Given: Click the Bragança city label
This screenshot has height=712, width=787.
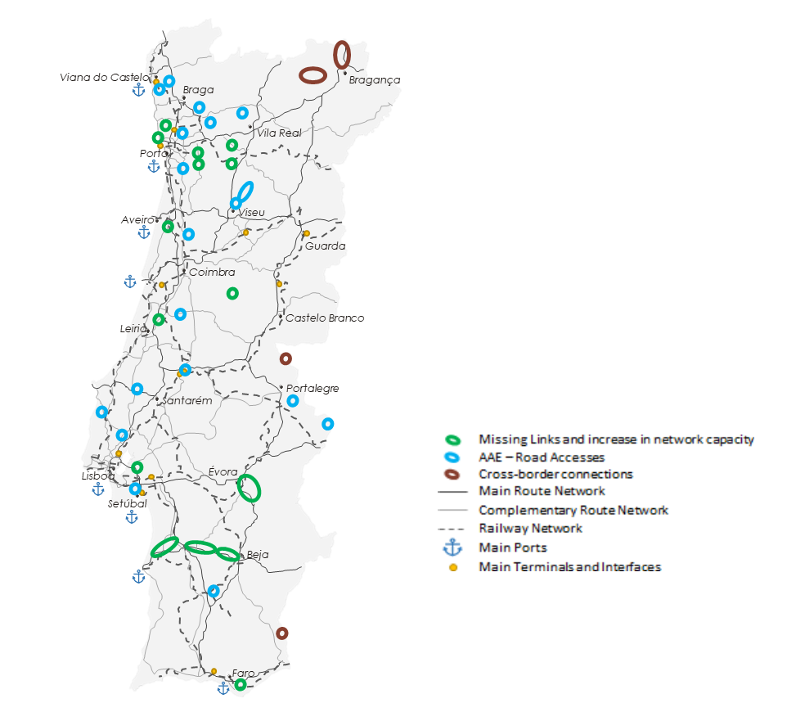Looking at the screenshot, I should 374,79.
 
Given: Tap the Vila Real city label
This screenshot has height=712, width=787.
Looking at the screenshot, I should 279,133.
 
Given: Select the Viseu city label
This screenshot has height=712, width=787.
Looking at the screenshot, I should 251,213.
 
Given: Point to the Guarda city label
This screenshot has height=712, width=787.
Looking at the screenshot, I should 325,246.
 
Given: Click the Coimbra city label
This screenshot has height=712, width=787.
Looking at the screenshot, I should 212,273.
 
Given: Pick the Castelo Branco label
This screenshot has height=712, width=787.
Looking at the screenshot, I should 324,318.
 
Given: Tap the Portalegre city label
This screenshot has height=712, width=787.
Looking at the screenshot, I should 312,389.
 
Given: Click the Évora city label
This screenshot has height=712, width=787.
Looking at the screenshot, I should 223,472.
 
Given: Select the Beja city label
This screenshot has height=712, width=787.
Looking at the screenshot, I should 258,555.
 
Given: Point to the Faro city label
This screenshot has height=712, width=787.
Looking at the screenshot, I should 244,673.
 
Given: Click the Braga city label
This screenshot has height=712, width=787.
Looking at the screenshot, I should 198,90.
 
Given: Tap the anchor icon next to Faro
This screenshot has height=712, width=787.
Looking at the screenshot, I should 223,689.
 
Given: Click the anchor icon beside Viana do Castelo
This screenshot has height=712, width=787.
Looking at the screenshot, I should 139,89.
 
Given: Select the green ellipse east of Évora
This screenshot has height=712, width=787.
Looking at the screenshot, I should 249,488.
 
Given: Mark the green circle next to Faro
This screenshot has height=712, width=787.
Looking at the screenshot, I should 241,684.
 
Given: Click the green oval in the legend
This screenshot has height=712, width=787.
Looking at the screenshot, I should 452,439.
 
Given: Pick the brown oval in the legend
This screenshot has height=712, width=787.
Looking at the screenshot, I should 452,474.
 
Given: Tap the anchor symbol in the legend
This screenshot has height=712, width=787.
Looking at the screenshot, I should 452,548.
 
